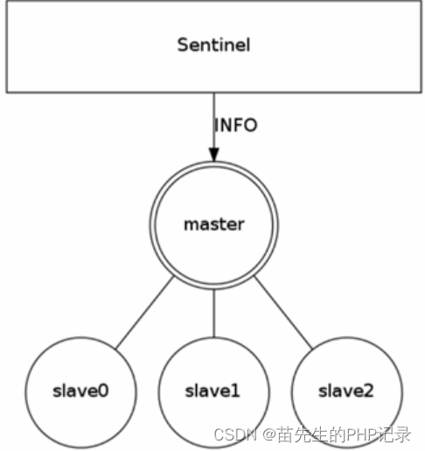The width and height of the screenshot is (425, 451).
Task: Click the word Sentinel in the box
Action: pos(213,45)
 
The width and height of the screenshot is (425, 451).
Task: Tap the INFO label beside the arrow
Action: pos(235,125)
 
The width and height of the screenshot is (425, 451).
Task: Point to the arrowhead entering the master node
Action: pos(214,155)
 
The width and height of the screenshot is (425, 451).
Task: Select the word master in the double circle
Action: pos(214,225)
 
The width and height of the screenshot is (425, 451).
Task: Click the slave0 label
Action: pos(80,391)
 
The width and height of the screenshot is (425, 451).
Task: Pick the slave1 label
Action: pos(212,391)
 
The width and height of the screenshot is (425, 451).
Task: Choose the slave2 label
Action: pos(345,391)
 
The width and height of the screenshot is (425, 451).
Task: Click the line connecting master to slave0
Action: pos(145,312)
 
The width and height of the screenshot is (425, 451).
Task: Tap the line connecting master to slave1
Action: pos(214,314)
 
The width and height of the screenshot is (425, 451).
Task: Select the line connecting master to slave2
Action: pos(283,312)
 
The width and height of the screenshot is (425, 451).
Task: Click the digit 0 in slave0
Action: pos(103,391)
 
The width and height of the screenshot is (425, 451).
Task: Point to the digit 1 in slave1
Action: pos(235,391)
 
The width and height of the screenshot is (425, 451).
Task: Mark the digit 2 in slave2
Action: pos(368,391)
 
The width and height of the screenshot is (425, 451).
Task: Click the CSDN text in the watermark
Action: pos(235,434)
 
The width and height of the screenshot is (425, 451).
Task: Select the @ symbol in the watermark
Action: pos(269,435)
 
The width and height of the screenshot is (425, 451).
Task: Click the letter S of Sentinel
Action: pos(183,45)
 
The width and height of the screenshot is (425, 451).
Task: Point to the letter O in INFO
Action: pos(251,125)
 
